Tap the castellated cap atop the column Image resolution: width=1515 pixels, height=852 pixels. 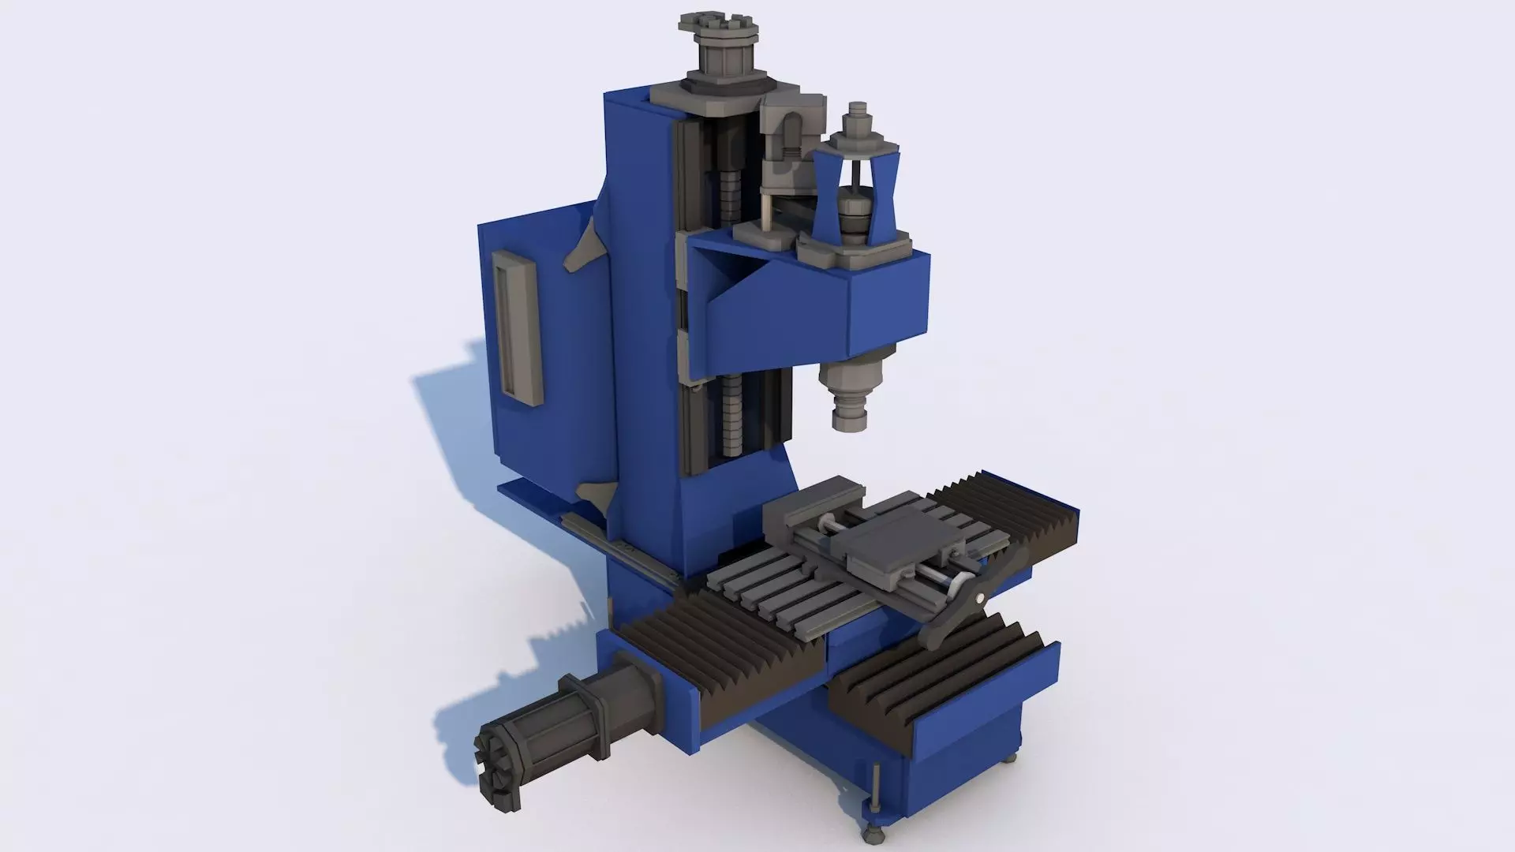[x=719, y=27]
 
